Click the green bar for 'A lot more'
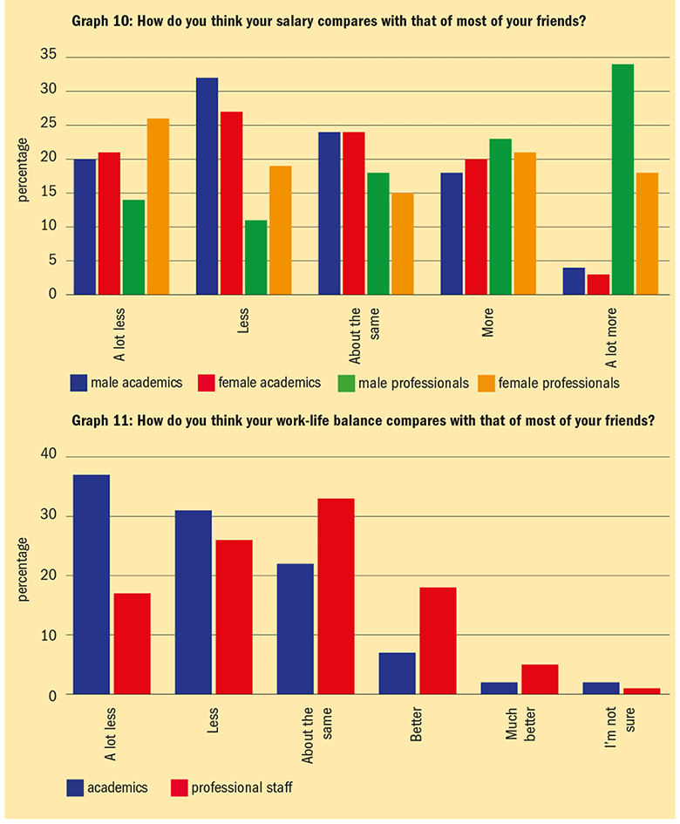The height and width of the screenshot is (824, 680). pos(598,180)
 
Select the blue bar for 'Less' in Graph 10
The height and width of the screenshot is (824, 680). pos(207,187)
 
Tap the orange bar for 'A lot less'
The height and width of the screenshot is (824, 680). pos(158,207)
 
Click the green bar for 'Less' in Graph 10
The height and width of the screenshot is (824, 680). pos(255,257)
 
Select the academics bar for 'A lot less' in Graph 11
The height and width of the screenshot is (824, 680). pos(91,584)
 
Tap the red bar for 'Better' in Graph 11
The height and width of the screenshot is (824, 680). pos(438,641)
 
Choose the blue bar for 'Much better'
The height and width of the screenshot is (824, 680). pos(499,689)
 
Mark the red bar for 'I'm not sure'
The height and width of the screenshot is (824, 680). pos(643,691)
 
